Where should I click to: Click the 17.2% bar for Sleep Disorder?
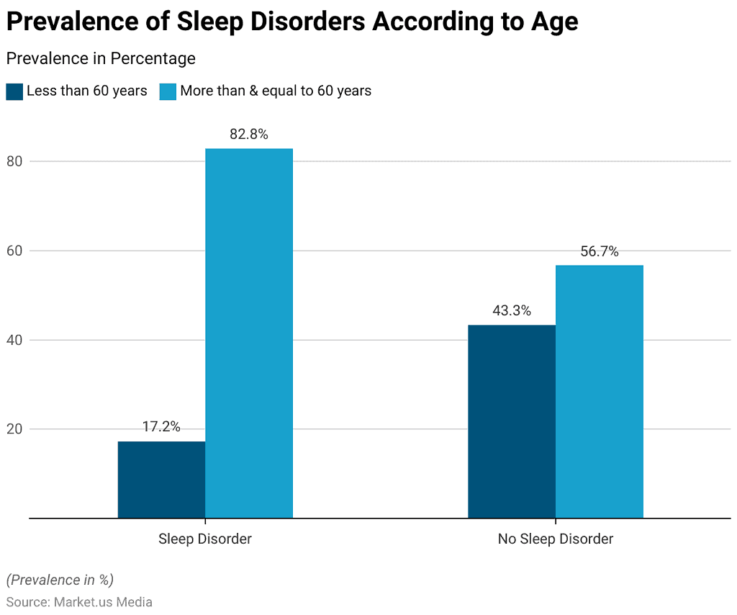(x=161, y=480)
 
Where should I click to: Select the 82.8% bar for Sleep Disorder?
(x=249, y=333)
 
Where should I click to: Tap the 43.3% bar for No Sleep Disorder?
(x=512, y=421)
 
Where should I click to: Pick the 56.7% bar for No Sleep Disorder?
(x=600, y=391)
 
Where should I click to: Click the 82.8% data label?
(x=249, y=134)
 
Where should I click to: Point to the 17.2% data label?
(x=161, y=426)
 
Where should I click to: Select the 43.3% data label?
(x=512, y=311)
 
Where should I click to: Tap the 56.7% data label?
(x=600, y=251)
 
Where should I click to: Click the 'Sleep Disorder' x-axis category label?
(x=205, y=539)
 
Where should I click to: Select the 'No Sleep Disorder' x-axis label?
(x=556, y=539)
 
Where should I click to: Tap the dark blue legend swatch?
(x=14, y=91)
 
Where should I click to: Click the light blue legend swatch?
(x=168, y=91)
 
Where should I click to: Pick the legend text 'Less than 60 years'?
(x=87, y=91)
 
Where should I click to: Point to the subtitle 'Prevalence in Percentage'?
(x=101, y=58)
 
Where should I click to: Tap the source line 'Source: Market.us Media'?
(x=79, y=602)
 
